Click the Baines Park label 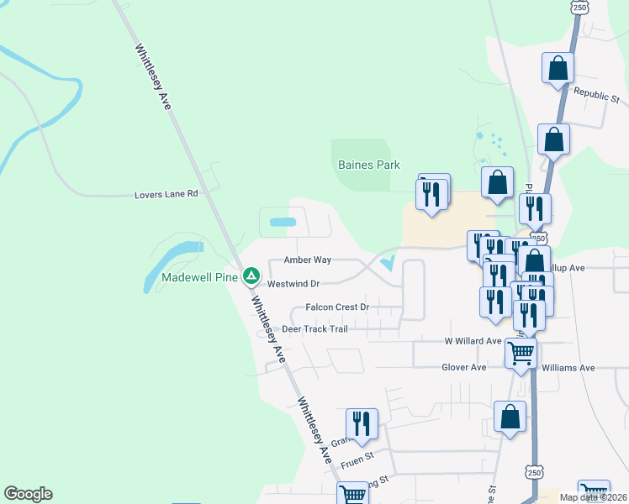coord(368,165)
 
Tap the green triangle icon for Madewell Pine coord(251,276)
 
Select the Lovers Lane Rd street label coord(166,194)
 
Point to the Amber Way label coord(307,261)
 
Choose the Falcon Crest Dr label coord(337,307)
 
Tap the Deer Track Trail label coord(314,329)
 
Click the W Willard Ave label coord(473,342)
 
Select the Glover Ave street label coord(464,367)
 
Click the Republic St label coord(595,95)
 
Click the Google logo coord(28,494)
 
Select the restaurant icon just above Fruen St coord(362,424)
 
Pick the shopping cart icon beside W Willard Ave coord(521,353)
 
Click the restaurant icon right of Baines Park coord(433,193)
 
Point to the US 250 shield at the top coord(578,7)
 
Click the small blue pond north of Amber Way coord(283,223)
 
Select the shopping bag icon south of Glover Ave coord(510,417)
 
